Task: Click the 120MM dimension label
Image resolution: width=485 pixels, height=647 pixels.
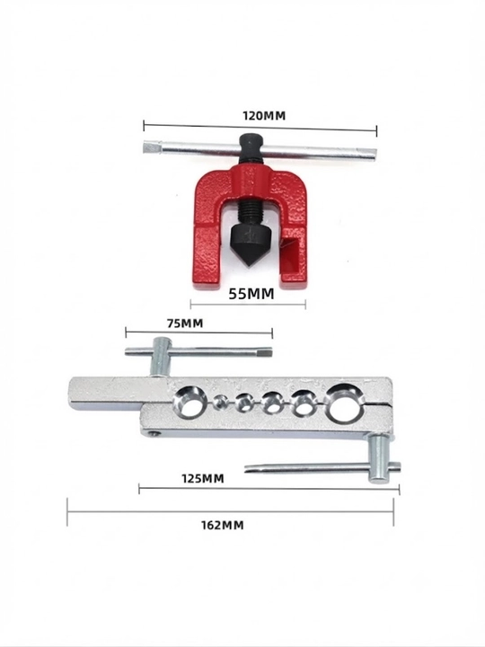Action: tap(264, 116)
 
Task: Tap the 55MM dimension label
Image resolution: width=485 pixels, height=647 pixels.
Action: tap(251, 294)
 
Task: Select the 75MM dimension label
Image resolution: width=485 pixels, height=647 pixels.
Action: tap(185, 323)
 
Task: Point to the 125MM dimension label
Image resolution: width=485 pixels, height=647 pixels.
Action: tap(203, 479)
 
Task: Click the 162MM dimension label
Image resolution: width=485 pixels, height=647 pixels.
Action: tap(223, 526)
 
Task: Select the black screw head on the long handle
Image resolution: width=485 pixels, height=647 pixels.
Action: tap(249, 147)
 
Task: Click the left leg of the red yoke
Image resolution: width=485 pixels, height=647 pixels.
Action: tap(207, 240)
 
